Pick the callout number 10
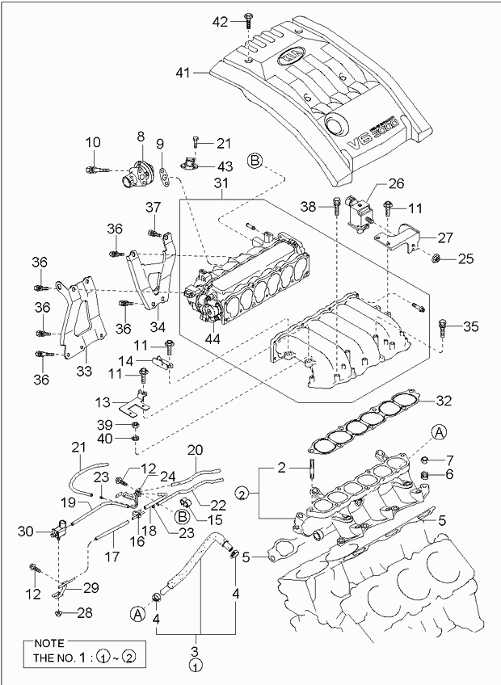92,142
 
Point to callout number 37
154,208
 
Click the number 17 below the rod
111,557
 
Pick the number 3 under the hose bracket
194,651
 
